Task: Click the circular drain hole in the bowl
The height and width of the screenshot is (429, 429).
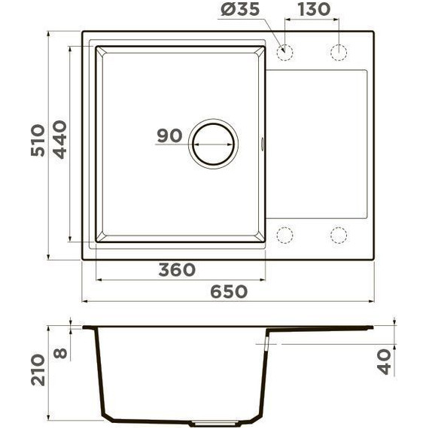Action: click(213, 142)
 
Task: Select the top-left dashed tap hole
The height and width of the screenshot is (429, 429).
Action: click(285, 52)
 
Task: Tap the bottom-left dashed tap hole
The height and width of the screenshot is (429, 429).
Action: click(285, 235)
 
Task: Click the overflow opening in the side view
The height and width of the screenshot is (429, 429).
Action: click(266, 342)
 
